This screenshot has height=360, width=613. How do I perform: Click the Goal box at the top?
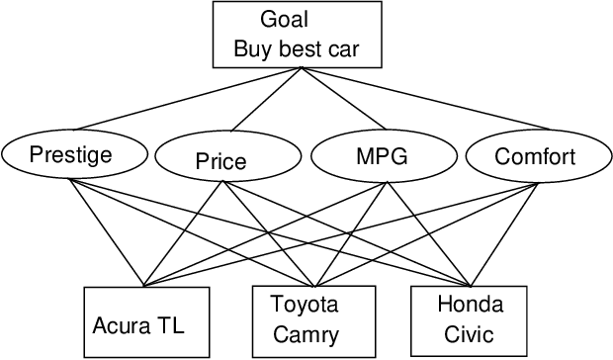point(298,35)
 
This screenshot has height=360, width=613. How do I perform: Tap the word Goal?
point(284,20)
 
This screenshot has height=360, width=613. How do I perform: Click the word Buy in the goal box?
point(253,47)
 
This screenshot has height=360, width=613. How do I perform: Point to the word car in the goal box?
point(338,47)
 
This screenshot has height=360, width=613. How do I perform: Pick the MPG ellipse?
point(381,155)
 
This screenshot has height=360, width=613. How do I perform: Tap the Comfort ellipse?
point(534,155)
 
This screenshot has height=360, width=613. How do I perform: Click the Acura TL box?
point(146,322)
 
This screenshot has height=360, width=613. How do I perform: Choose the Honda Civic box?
point(470,317)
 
